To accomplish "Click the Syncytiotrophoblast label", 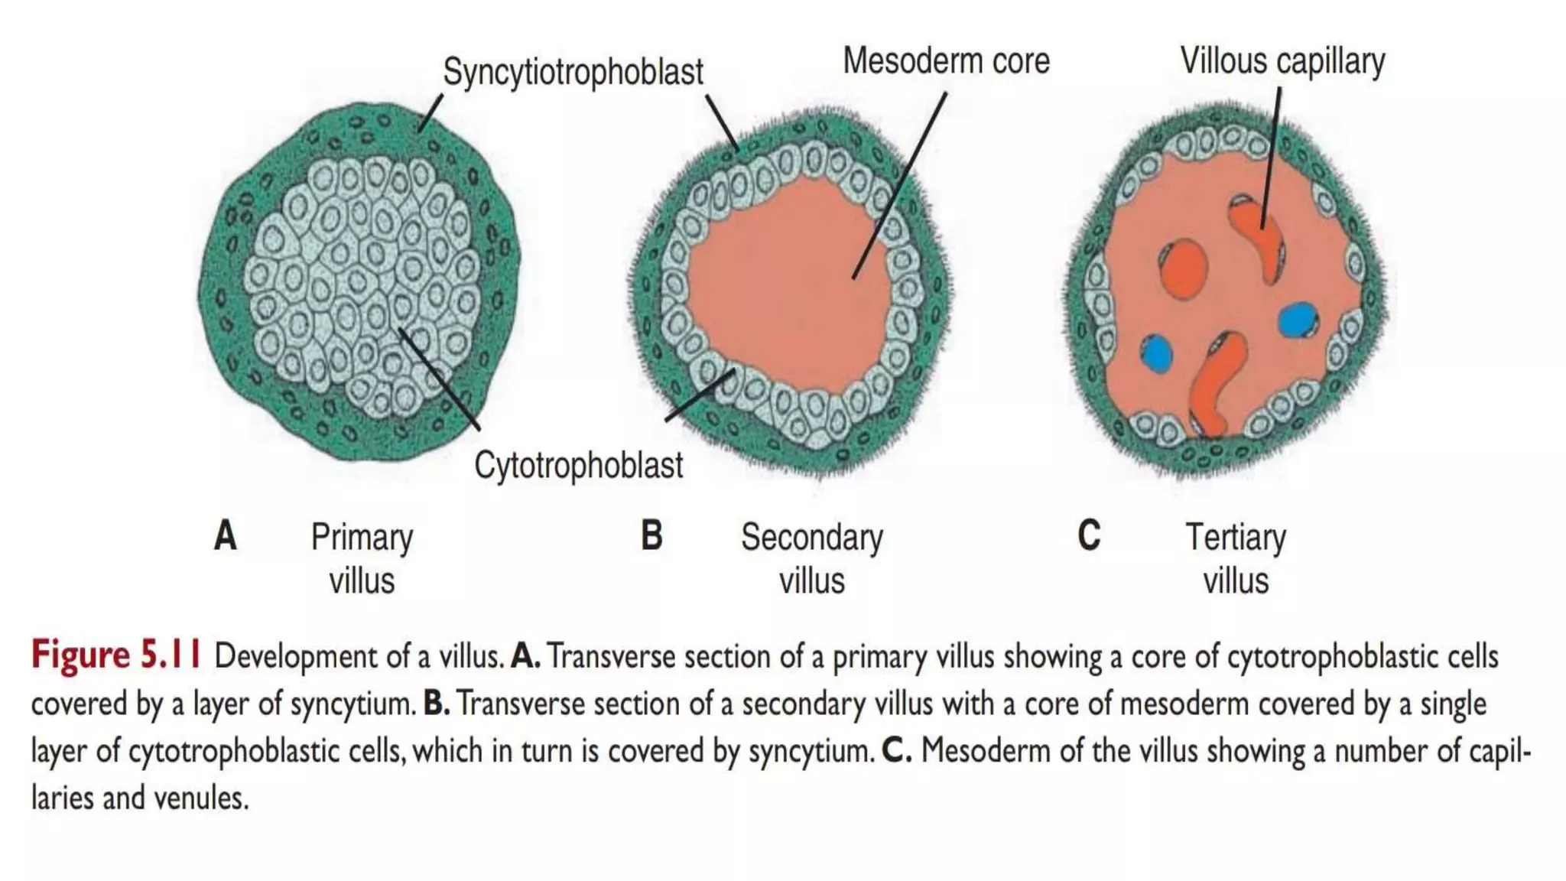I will click(573, 72).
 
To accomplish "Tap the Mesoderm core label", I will click(946, 60).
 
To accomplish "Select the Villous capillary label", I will click(1282, 60).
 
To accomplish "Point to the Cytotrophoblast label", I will click(578, 464).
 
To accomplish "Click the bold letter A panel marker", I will click(225, 535).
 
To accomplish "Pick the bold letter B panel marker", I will click(651, 535).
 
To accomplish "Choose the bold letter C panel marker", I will click(1089, 535).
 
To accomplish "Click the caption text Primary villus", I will click(362, 558).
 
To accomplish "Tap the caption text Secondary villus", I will click(811, 558).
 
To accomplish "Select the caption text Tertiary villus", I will click(1236, 558).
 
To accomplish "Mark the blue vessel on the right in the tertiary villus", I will click(1298, 320).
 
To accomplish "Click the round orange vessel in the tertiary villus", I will click(1184, 268).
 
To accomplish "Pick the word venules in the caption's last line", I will click(202, 798).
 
